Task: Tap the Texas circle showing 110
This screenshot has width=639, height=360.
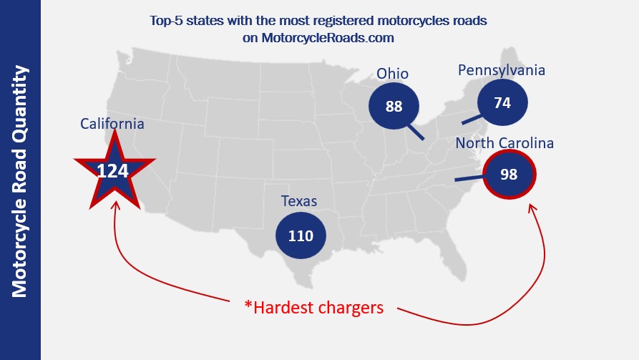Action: [301, 235]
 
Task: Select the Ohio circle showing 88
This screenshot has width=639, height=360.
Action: [394, 107]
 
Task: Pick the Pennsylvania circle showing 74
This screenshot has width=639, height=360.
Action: [502, 102]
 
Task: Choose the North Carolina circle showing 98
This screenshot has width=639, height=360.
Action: [509, 175]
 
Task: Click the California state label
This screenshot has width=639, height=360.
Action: [112, 124]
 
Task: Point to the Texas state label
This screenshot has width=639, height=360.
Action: [300, 201]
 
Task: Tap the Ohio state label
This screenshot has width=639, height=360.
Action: [393, 74]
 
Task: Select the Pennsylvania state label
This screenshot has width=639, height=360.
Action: [502, 70]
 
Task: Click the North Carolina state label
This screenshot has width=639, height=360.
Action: [505, 143]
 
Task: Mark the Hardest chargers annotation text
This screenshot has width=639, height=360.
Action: [314, 308]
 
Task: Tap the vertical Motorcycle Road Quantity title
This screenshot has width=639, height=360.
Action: [20, 180]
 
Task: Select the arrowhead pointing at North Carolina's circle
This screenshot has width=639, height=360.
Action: [530, 208]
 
